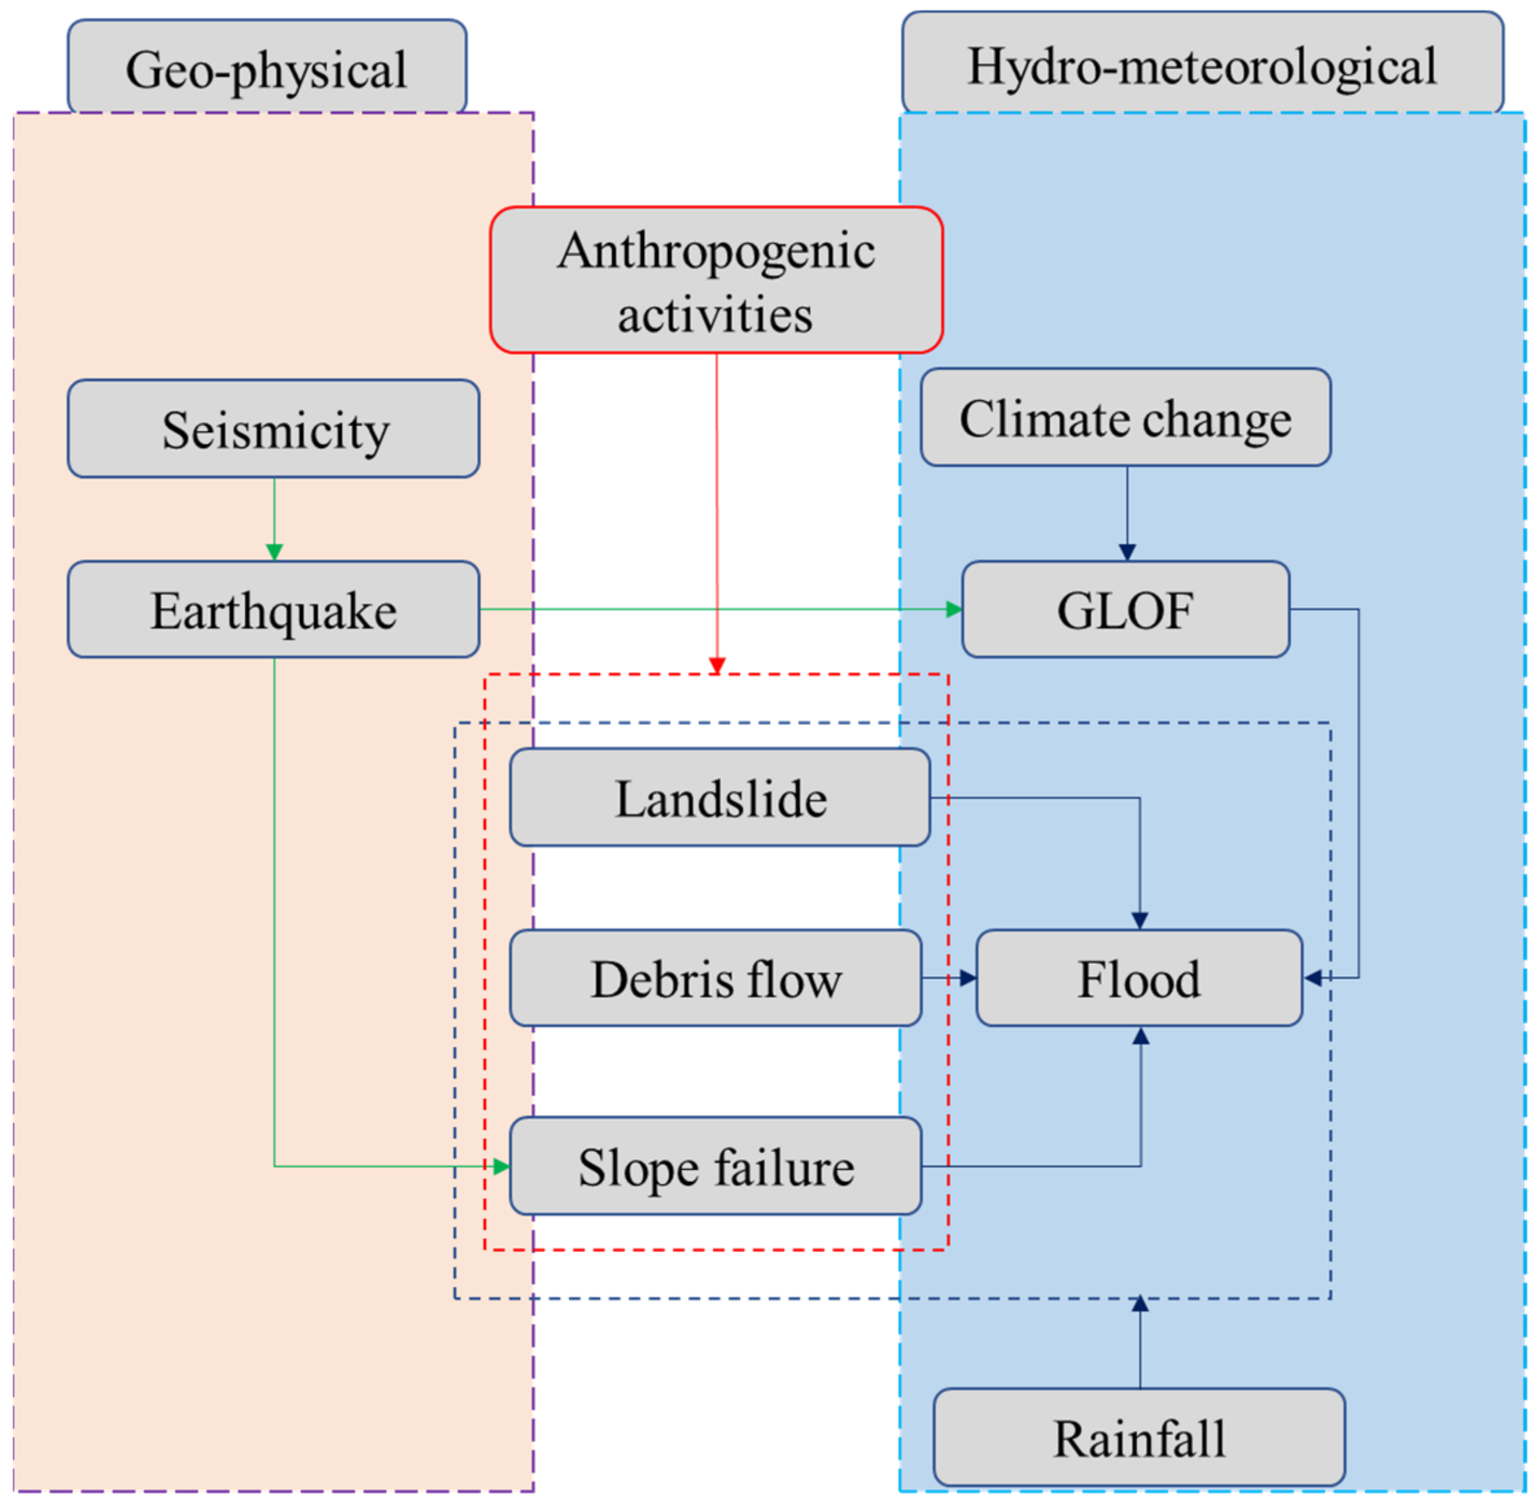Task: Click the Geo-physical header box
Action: tap(267, 67)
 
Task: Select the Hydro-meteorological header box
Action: tap(1202, 63)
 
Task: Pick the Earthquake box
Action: tap(274, 609)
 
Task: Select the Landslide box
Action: tap(720, 797)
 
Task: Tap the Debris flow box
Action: tap(715, 978)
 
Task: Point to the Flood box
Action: tap(1138, 978)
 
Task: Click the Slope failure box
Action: tap(715, 1166)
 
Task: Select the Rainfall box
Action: tap(1138, 1438)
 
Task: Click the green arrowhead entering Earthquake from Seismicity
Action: tap(274, 552)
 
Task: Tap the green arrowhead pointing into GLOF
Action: tap(954, 609)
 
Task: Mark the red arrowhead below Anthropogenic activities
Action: tap(716, 666)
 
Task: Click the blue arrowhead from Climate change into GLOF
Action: tap(1127, 552)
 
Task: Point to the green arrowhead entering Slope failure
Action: tap(501, 1166)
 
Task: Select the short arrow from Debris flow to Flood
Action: tap(950, 978)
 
